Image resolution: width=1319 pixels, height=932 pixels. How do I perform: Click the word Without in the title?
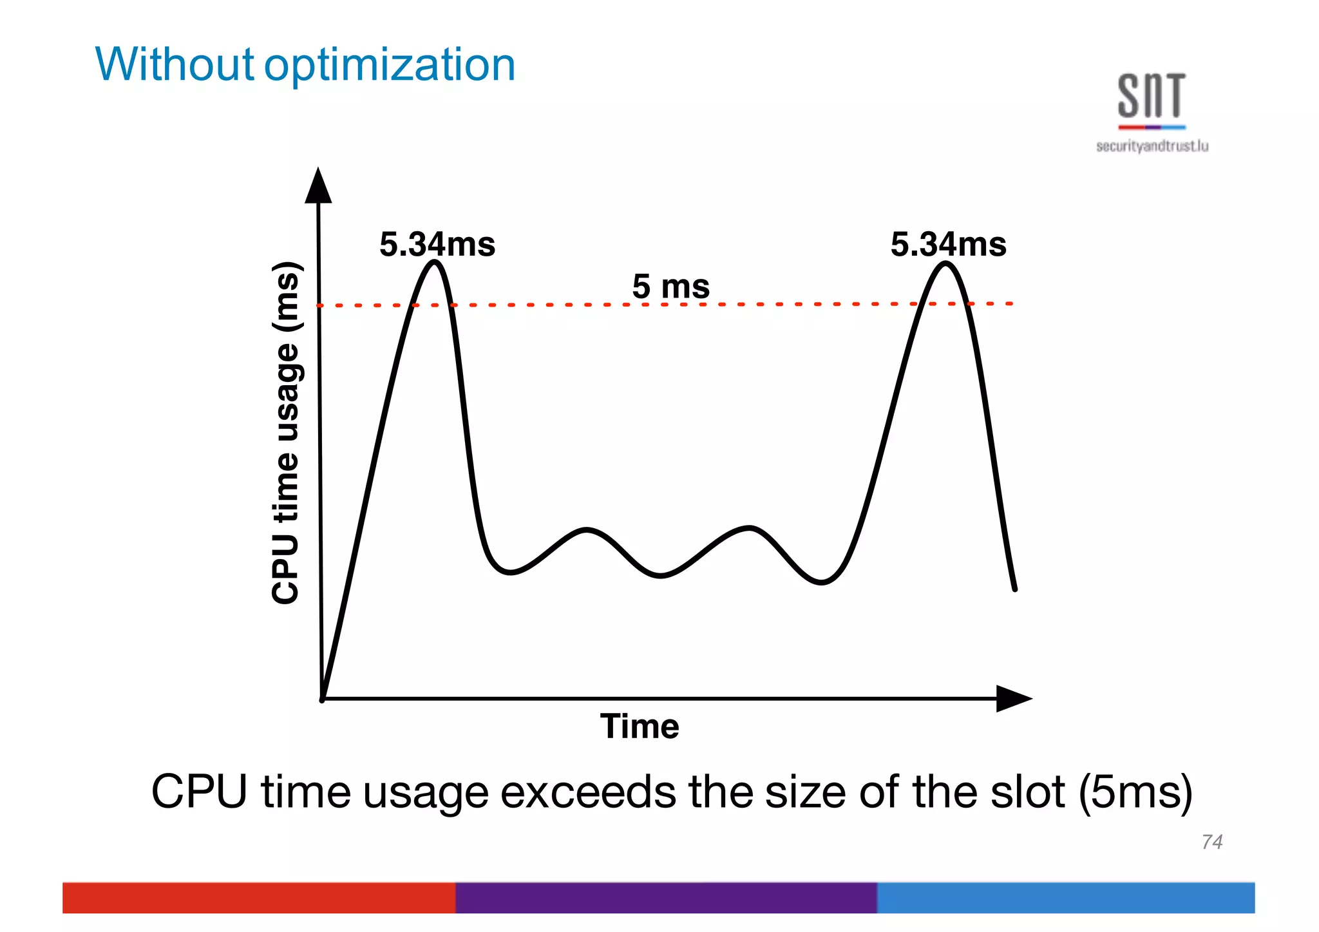click(x=174, y=64)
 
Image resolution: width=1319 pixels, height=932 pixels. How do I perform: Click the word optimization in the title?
click(x=390, y=66)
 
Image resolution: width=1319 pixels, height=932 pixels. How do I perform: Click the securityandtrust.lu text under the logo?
click(x=1152, y=146)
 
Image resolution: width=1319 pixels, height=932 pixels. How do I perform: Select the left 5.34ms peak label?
click(x=437, y=245)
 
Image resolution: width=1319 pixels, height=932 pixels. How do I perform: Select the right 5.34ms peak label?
click(x=948, y=245)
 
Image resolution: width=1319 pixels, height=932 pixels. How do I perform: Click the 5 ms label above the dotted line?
click(x=670, y=286)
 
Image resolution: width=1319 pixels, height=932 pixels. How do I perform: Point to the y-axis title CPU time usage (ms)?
click(x=285, y=433)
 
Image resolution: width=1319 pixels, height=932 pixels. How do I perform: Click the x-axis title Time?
click(x=640, y=727)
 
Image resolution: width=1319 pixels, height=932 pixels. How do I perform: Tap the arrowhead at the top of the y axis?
click(x=318, y=185)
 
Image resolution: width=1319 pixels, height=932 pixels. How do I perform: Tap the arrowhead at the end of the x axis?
click(x=1013, y=698)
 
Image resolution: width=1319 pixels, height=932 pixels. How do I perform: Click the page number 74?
click(x=1211, y=842)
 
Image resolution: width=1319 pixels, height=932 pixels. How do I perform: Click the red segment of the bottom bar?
click(x=258, y=897)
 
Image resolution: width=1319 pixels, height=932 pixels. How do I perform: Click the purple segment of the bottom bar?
click(x=665, y=897)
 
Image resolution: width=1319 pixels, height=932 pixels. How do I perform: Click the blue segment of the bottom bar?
click(x=1065, y=897)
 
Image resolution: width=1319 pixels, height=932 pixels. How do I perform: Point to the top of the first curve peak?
click(x=435, y=262)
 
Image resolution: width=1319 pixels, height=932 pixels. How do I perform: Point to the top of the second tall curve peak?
click(x=946, y=263)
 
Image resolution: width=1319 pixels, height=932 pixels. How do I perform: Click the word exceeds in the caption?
click(x=588, y=792)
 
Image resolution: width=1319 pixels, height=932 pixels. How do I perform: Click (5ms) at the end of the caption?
click(x=1136, y=792)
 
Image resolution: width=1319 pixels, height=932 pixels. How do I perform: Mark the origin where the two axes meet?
click(x=322, y=698)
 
